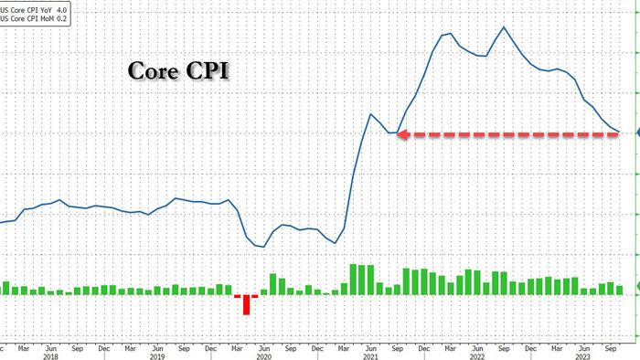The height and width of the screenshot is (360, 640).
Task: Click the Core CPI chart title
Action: [178, 70]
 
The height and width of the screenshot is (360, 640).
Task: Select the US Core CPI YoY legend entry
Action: [33, 10]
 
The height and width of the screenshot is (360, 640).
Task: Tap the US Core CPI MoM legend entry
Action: [33, 19]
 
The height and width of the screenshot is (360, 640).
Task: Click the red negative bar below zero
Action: [246, 304]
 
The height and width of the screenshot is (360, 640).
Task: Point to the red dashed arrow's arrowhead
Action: [403, 134]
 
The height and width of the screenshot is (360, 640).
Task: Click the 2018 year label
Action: [50, 356]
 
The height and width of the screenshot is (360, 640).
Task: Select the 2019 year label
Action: [157, 356]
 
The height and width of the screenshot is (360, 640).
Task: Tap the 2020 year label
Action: [264, 356]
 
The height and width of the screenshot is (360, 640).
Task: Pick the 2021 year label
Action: [370, 356]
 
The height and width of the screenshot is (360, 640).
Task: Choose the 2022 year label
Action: [477, 356]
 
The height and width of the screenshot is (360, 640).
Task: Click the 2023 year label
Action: [584, 356]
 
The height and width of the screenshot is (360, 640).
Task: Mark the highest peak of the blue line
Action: [504, 27]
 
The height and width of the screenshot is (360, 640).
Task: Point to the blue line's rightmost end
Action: [620, 132]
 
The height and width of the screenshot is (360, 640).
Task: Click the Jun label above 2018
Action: [50, 349]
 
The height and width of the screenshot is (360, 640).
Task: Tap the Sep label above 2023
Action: [611, 349]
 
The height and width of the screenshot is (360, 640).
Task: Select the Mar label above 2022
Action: [450, 349]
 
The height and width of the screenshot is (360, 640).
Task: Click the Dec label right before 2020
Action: [210, 349]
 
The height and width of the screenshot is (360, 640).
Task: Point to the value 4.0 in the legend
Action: [61, 10]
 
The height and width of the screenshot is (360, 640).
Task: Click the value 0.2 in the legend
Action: [61, 19]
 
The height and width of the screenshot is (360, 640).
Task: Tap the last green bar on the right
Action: [620, 291]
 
